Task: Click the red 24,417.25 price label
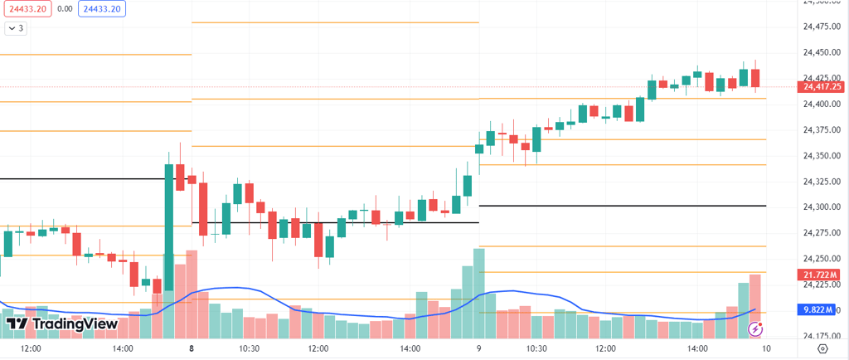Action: (x=821, y=86)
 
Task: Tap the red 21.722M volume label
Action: (x=821, y=275)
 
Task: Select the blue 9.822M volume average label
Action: (x=821, y=309)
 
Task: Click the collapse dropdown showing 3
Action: (x=16, y=28)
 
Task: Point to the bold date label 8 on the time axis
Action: (x=192, y=348)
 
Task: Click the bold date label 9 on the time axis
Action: (x=479, y=348)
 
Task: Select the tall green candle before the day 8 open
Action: (x=169, y=224)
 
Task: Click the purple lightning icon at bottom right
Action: (x=755, y=329)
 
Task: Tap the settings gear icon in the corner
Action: (x=822, y=348)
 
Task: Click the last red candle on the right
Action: (x=755, y=79)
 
